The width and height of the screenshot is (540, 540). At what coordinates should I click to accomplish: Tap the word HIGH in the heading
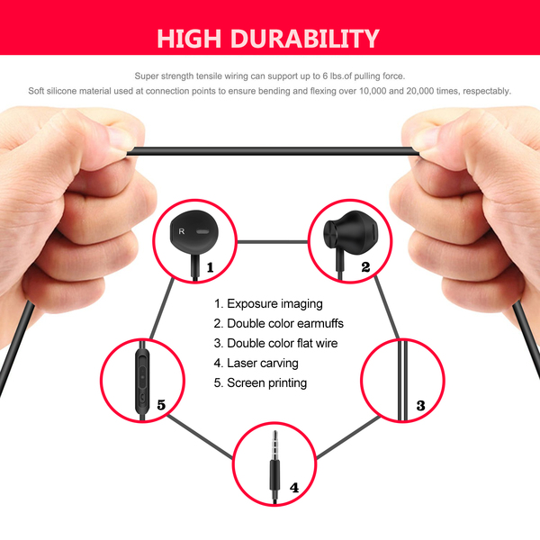tap(189, 38)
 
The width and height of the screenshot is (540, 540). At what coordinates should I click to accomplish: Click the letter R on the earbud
tap(182, 231)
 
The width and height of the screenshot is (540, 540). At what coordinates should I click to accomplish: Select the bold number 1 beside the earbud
tap(210, 267)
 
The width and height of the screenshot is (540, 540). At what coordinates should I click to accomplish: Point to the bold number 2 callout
tap(365, 267)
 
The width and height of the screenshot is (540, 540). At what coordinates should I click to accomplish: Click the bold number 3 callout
tap(420, 405)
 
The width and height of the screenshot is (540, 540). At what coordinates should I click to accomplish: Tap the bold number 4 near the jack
tap(294, 488)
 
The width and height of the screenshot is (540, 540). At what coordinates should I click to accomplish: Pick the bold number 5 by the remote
tap(161, 405)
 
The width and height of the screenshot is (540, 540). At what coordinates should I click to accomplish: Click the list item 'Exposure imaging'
tap(268, 304)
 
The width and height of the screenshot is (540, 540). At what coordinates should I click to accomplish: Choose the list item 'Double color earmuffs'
tap(279, 323)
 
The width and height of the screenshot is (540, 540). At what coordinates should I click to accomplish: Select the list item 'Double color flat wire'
tap(275, 344)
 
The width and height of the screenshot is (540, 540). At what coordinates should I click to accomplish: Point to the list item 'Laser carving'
tap(256, 363)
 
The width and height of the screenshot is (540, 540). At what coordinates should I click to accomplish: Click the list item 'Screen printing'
tap(260, 383)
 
